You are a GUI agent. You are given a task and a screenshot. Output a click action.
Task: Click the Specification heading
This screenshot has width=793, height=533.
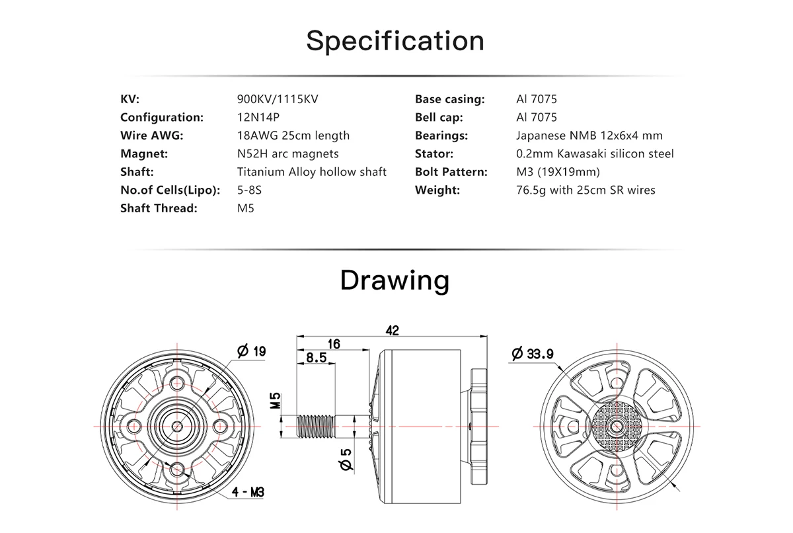click(395, 42)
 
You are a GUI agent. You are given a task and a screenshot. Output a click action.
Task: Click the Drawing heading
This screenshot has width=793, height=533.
click(395, 280)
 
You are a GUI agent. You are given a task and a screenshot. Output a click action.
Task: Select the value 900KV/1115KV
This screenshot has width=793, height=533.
click(278, 99)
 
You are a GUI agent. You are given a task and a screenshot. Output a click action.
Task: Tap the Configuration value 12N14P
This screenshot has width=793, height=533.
click(258, 117)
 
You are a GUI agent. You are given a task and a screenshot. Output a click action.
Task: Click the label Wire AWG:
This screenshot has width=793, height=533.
click(152, 136)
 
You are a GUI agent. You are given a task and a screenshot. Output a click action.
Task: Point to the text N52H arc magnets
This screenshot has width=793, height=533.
click(288, 153)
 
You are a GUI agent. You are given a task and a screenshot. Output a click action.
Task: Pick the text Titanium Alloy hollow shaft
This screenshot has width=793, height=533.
click(311, 172)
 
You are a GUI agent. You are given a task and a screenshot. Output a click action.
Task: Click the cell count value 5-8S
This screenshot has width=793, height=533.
click(249, 190)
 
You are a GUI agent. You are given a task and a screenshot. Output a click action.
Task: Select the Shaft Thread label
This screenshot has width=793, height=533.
click(159, 208)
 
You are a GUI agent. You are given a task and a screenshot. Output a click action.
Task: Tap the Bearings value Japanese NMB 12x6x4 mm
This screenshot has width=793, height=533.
click(589, 136)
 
